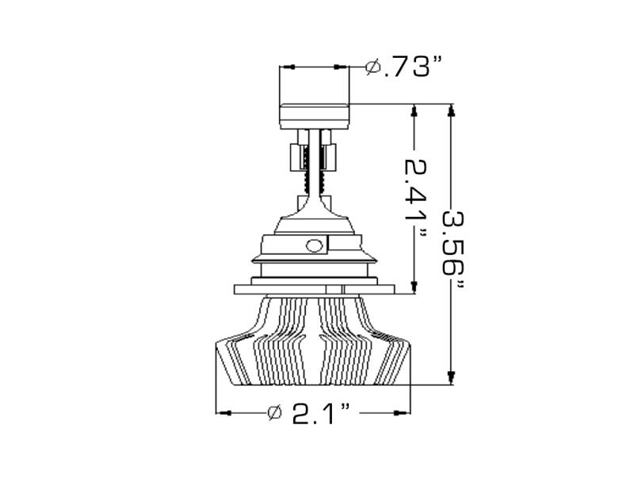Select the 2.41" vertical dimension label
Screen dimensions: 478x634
point(414,198)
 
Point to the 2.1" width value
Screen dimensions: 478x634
point(321,412)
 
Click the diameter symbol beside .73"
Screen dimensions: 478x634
point(373,67)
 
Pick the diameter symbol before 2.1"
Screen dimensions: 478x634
point(275,412)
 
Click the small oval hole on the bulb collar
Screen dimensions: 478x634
point(315,245)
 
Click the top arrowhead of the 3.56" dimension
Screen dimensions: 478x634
point(451,111)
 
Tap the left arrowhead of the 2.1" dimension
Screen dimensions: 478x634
point(223,412)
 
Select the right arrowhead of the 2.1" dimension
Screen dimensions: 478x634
point(405,412)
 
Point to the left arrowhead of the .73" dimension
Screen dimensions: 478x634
point(287,66)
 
